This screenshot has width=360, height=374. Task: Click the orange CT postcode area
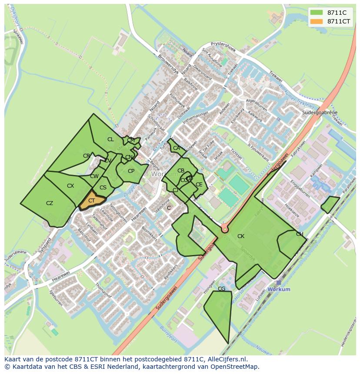tap(92, 201)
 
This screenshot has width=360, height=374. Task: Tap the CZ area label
tap(50, 203)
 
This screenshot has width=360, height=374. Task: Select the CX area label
tap(70, 186)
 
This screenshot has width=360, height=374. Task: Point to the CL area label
tap(110, 139)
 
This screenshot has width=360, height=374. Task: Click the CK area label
tap(241, 236)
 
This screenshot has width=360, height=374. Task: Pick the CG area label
tap(221, 289)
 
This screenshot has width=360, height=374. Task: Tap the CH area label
tap(300, 234)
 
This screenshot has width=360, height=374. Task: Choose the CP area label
tap(131, 171)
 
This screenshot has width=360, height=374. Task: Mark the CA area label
tap(176, 148)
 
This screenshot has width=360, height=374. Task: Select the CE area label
tap(199, 185)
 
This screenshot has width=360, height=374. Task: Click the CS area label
tap(103, 188)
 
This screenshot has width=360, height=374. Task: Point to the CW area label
tap(94, 176)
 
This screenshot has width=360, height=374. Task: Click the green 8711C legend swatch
tap(317, 13)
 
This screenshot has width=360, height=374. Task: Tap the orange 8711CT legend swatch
tap(317, 21)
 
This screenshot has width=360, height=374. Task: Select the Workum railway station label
tap(279, 289)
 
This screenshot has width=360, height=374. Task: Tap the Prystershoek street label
tap(223, 47)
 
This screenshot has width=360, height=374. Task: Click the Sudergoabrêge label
tap(320, 113)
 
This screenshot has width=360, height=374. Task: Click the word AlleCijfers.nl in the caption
tap(226, 359)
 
